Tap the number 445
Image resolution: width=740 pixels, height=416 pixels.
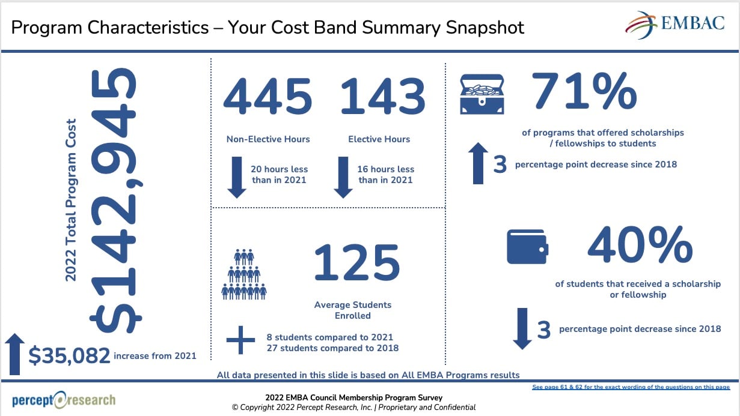point(268,97)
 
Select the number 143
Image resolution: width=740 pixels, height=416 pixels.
point(382,97)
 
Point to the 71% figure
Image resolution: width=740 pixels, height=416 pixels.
point(584,92)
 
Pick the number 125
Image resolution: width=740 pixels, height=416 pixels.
point(356,263)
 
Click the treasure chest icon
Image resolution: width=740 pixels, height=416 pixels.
point(482,94)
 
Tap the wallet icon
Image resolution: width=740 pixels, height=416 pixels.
point(527,247)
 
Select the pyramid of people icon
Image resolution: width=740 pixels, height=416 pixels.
point(243,275)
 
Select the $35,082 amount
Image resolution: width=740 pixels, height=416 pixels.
point(69,355)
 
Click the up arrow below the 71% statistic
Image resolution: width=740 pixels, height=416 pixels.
point(479,163)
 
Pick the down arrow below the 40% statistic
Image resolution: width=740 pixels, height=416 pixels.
point(522,328)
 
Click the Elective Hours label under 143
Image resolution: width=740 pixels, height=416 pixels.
point(379,139)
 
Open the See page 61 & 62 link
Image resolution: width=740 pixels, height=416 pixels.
point(631,387)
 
